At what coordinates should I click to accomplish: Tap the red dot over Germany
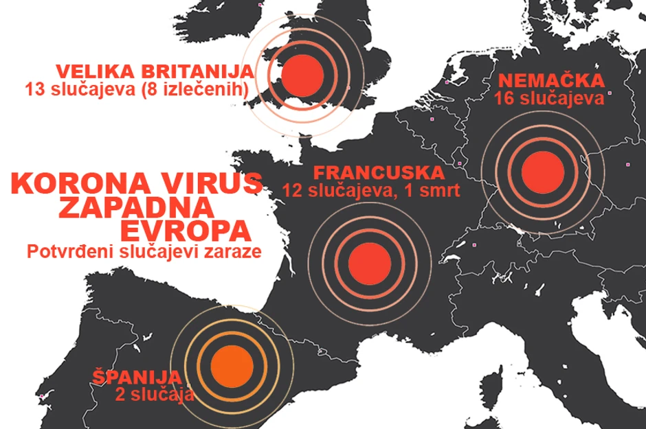[x=542, y=171]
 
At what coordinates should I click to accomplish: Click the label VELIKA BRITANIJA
[x=155, y=72]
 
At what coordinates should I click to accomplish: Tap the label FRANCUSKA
[x=368, y=172]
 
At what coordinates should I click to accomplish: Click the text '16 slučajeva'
[x=549, y=98]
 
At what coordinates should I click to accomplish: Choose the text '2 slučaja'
[x=155, y=394]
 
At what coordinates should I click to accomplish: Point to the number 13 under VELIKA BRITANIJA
[x=34, y=89]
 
